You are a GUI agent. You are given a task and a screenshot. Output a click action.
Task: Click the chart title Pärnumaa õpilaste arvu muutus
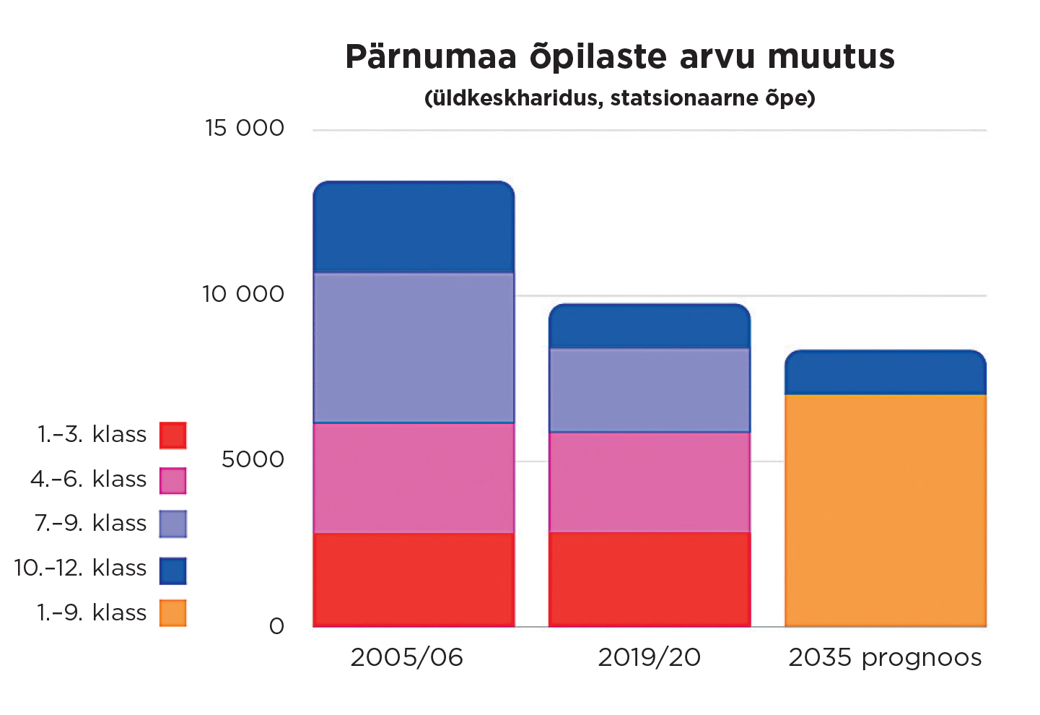point(619,56)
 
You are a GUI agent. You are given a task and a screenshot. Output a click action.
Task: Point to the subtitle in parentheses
point(619,97)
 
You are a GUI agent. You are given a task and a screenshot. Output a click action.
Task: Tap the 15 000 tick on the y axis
point(245,128)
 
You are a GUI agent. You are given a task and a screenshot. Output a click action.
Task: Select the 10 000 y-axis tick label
point(243,294)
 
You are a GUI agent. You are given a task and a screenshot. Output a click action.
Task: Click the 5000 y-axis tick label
point(253,459)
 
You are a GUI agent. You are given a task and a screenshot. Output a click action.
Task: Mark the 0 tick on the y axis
point(276,626)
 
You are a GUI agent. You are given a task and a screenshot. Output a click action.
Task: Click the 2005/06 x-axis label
point(406,657)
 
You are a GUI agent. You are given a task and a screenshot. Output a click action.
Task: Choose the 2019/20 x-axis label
point(649,657)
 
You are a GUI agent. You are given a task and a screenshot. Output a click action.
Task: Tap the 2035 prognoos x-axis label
point(885,657)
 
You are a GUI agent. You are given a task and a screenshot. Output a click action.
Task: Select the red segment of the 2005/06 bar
point(414,579)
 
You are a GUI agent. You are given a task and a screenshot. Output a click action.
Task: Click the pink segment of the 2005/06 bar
point(414,477)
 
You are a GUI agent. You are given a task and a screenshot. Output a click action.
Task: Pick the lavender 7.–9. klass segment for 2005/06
point(414,347)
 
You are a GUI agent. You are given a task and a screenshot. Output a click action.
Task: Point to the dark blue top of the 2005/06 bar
point(414,227)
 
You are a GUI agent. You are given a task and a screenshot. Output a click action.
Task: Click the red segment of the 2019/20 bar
point(649,579)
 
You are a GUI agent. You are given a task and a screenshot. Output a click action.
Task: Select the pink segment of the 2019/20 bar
point(649,482)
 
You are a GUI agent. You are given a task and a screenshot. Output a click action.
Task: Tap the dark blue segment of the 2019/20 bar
point(649,326)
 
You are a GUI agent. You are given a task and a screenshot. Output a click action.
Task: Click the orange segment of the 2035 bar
point(885,510)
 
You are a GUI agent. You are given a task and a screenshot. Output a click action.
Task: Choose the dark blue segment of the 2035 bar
point(885,373)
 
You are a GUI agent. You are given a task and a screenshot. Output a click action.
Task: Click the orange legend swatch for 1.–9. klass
point(172,613)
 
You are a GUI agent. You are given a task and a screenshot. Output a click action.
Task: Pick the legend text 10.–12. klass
point(80,568)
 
